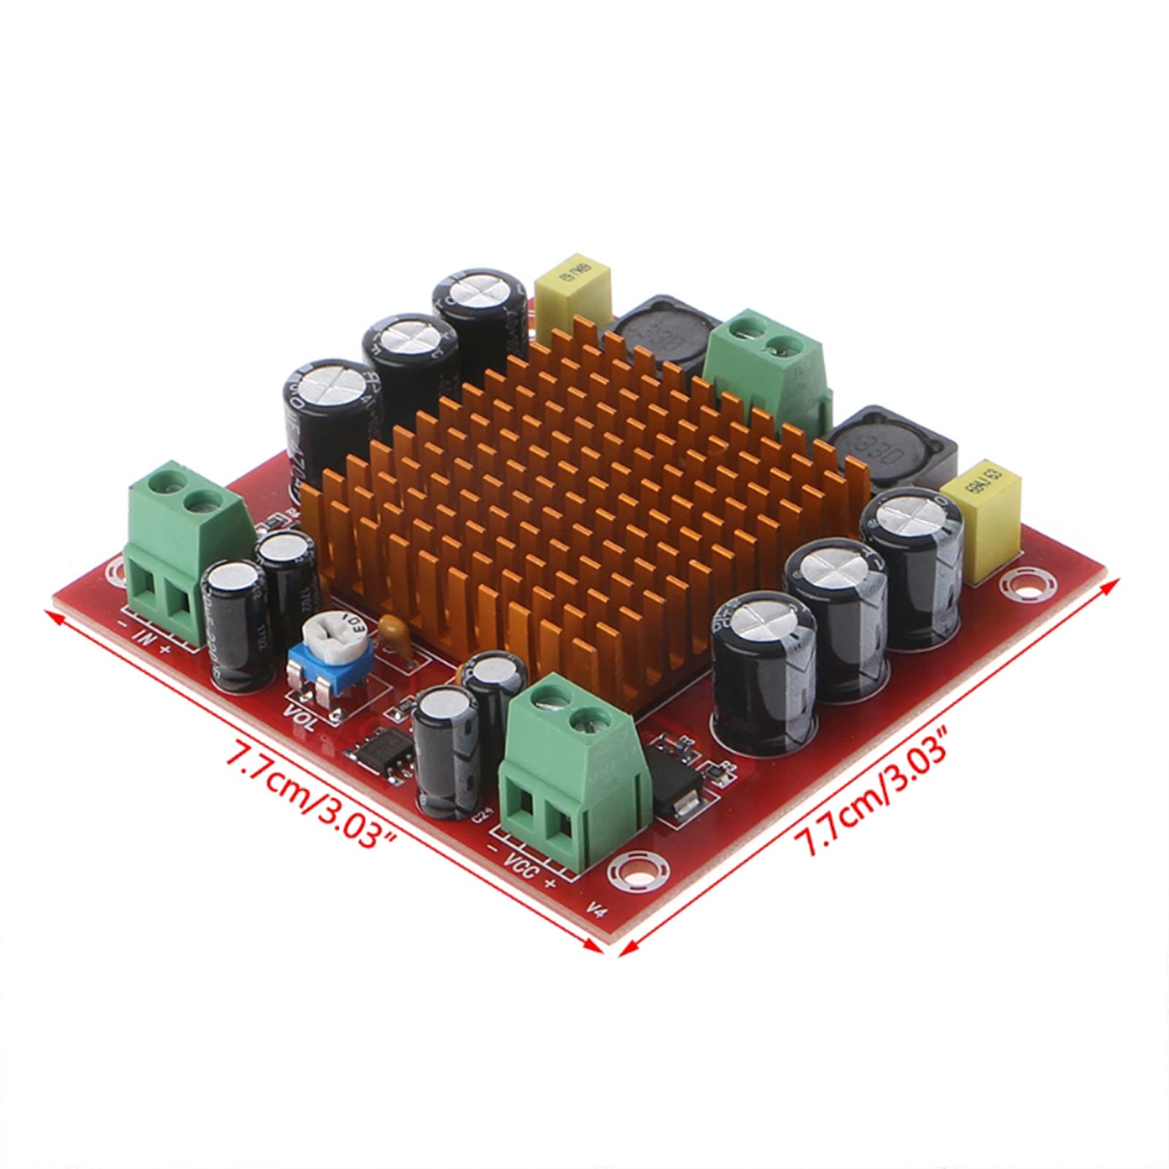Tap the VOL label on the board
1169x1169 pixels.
(x=300, y=718)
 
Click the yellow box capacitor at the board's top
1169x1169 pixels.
(x=573, y=298)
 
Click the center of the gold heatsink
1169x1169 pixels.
(x=584, y=497)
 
